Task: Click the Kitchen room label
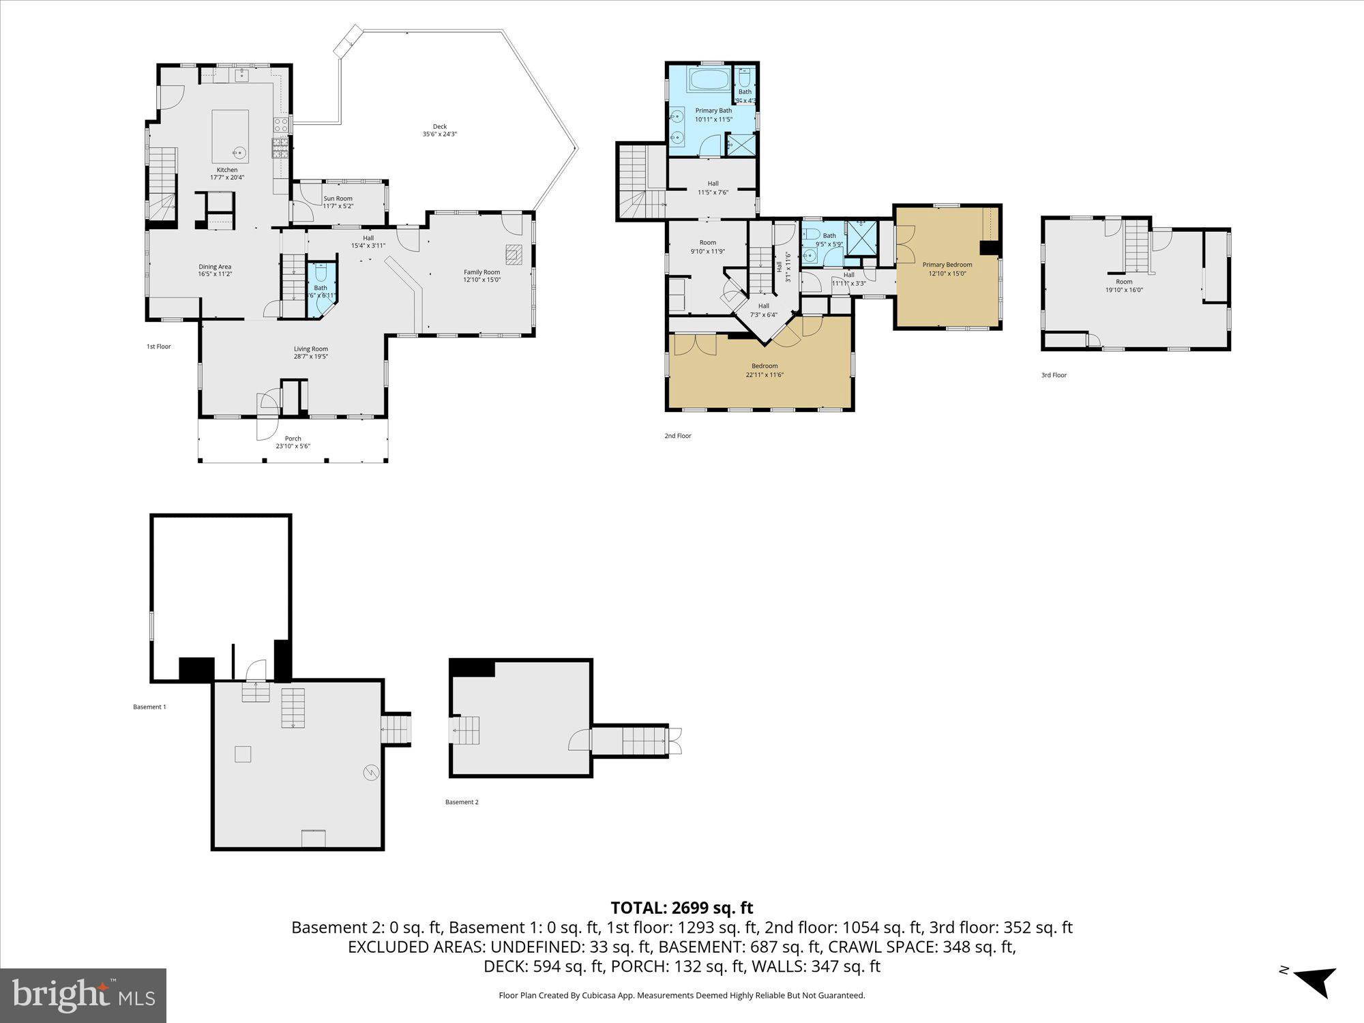click(227, 170)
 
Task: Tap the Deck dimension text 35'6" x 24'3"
click(439, 134)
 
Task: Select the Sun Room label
click(338, 198)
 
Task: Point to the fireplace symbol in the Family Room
click(514, 254)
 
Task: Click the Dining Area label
click(215, 267)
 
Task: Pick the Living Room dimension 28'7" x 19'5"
click(310, 356)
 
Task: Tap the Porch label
click(293, 439)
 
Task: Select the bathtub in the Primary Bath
click(709, 80)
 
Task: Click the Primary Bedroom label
click(947, 265)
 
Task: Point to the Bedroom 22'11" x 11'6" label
click(764, 366)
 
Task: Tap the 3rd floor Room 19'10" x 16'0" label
click(1123, 282)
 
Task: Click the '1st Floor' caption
click(158, 346)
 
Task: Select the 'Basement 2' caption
click(462, 802)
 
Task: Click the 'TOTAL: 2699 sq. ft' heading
click(681, 908)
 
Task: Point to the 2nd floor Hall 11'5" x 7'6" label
click(713, 183)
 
